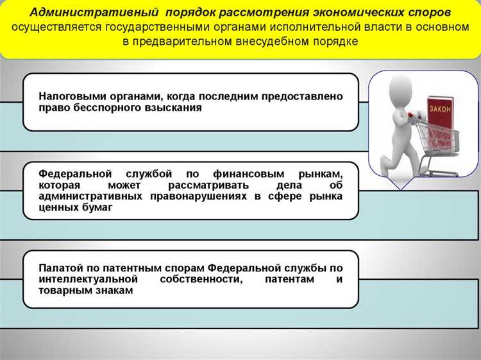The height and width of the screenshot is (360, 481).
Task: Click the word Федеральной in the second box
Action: click(71, 174)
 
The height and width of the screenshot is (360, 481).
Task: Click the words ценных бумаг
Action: click(75, 208)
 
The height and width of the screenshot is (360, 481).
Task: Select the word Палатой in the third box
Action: click(59, 268)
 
